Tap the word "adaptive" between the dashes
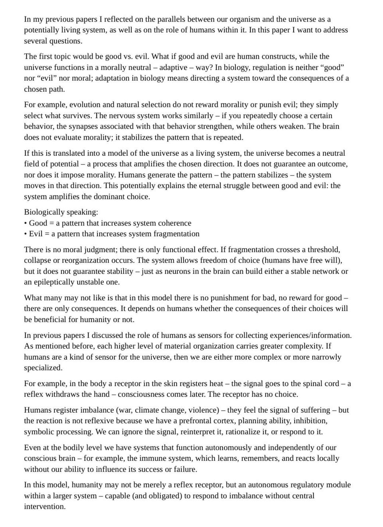[174, 67]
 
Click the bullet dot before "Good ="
[26, 223]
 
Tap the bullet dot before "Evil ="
[26, 234]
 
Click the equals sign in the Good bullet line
[51, 223]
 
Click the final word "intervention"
[44, 507]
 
